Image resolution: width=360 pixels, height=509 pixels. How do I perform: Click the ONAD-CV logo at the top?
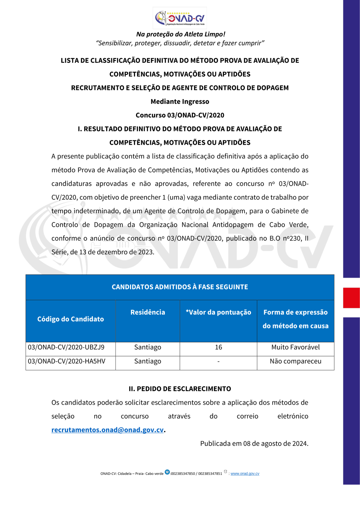[180, 18]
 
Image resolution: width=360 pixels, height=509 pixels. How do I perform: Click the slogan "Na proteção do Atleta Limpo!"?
[180, 34]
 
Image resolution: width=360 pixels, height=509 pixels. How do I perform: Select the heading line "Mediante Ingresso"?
[180, 102]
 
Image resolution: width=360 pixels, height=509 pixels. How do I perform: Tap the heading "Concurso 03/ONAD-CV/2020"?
[180, 115]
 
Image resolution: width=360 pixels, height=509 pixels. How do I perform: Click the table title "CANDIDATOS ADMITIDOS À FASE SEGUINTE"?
[180, 287]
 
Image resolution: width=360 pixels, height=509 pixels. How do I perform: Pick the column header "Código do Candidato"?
[71, 319]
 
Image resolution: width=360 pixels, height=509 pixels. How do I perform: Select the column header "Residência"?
[148, 312]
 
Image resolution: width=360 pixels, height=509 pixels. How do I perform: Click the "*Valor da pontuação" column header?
[218, 312]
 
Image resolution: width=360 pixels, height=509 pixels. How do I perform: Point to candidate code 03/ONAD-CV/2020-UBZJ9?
[66, 347]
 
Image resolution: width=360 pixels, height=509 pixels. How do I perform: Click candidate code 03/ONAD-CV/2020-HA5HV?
[67, 361]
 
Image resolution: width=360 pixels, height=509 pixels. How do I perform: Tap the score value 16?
[219, 347]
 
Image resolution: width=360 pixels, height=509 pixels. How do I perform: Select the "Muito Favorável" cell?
[296, 347]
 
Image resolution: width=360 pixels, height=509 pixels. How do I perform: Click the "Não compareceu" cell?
[296, 361]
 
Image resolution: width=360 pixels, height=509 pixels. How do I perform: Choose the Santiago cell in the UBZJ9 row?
[148, 347]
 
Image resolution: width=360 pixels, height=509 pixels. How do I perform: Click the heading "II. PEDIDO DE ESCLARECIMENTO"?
[180, 389]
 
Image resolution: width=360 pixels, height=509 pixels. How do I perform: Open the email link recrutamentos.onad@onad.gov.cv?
[108, 430]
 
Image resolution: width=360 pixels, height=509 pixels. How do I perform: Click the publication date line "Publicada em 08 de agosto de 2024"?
[254, 443]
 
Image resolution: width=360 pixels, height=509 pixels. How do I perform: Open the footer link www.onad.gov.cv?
[245, 474]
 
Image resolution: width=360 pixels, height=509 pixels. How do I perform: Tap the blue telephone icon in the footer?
[167, 472]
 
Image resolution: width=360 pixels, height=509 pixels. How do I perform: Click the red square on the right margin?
[351, 298]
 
